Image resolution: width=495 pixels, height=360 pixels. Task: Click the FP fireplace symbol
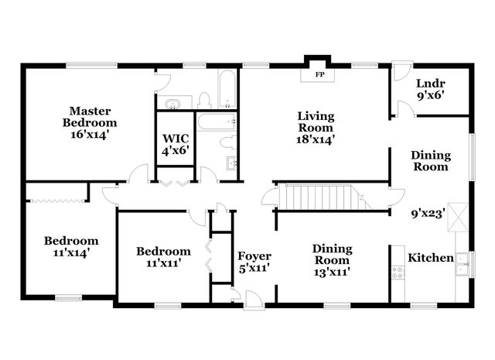coord(319,75)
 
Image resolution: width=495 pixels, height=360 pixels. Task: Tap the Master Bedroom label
coord(90,122)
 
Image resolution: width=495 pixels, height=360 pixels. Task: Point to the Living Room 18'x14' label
coord(316,128)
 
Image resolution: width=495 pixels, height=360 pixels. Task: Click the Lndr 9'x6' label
coord(430,90)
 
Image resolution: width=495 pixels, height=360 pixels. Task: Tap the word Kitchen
coord(430,258)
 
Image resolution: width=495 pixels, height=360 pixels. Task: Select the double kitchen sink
coord(463,263)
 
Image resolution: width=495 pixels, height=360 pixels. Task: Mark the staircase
coord(319,197)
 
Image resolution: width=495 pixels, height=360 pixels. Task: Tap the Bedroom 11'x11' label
coord(163,258)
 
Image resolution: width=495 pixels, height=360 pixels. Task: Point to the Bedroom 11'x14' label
coord(70,246)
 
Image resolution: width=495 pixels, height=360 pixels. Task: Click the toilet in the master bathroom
coord(205,100)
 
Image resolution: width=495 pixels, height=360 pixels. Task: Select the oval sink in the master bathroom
coord(171,102)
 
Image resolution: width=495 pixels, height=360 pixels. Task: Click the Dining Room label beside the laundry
coord(429,160)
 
